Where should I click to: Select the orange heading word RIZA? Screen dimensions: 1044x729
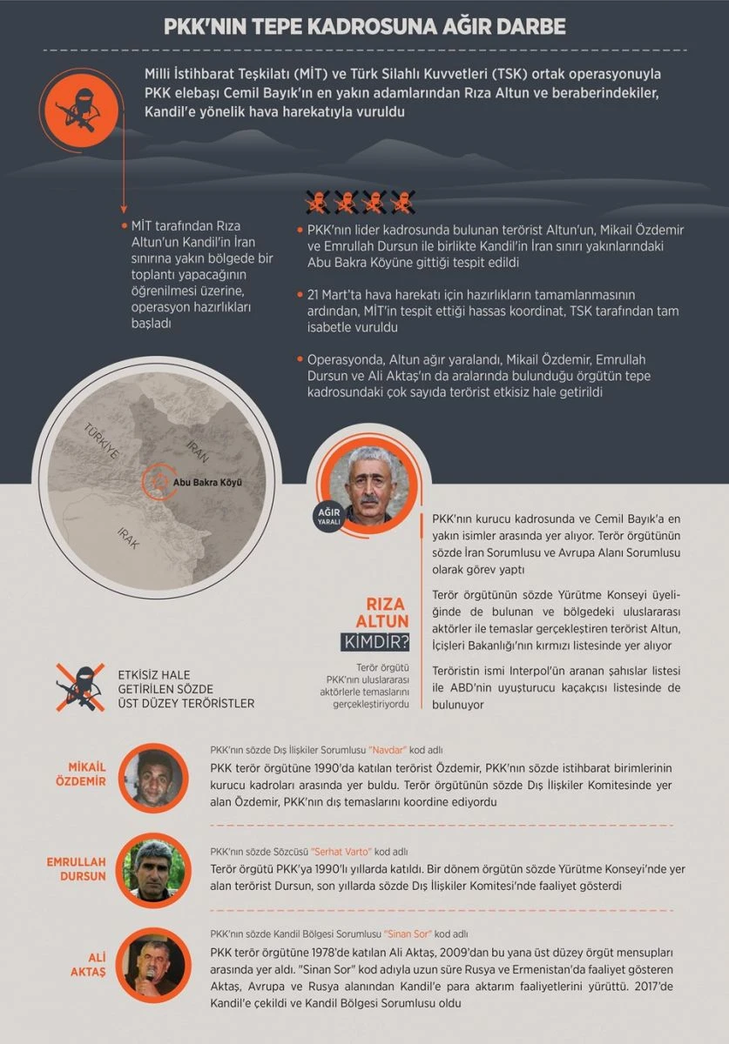(386, 604)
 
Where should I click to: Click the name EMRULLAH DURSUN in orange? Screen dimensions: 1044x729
(77, 869)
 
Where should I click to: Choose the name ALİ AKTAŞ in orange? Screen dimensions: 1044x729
(87, 965)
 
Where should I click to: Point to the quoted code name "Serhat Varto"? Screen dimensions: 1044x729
(346, 852)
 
